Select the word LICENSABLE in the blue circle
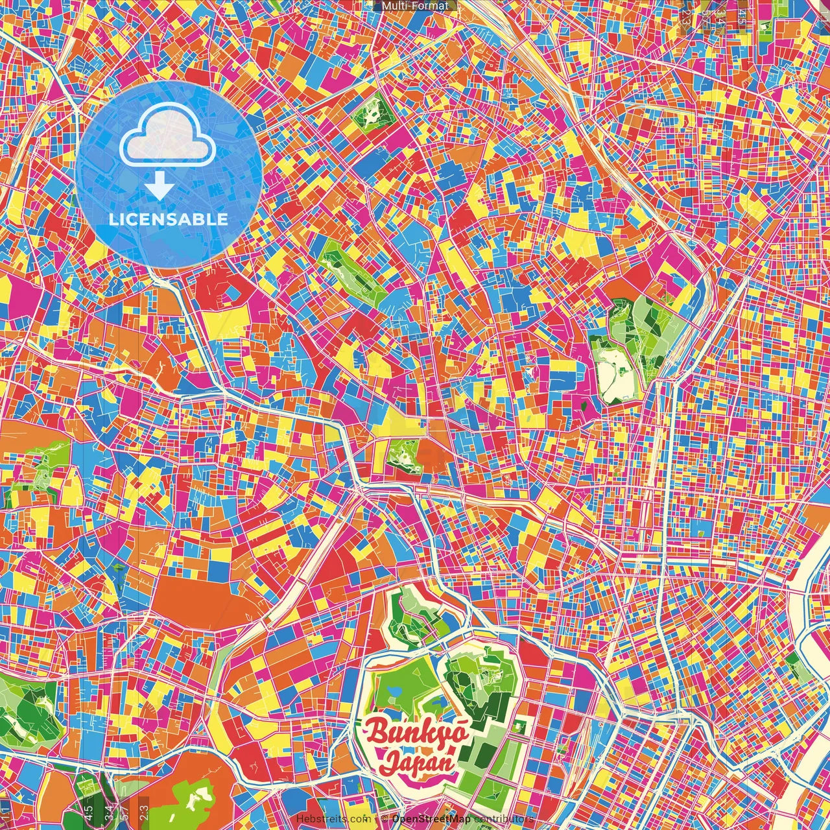click(169, 219)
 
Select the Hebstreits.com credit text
click(333, 819)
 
